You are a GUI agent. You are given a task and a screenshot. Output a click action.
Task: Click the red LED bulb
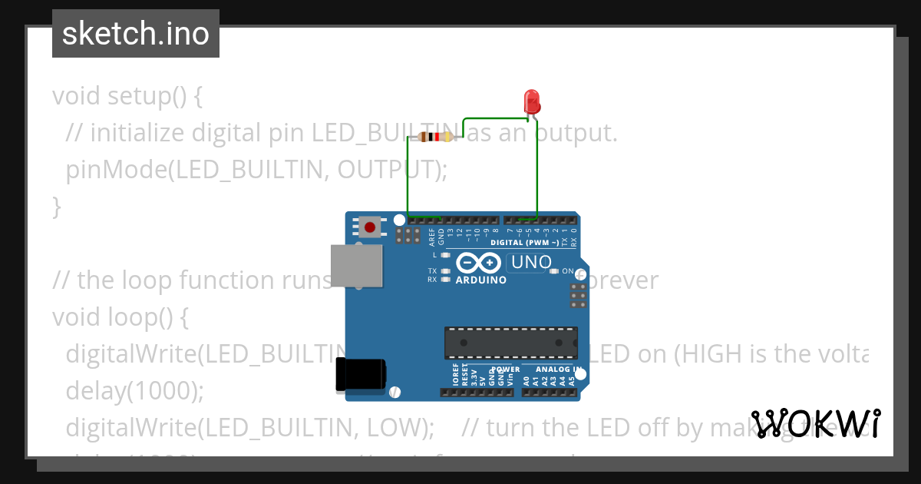(530, 101)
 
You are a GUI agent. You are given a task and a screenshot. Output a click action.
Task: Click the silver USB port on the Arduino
(356, 266)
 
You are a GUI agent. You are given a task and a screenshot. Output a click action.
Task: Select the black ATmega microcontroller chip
(511, 343)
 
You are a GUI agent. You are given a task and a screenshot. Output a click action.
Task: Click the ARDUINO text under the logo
(481, 280)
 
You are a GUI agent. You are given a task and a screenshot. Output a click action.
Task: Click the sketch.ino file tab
(136, 34)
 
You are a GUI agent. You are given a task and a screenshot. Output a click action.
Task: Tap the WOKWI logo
(817, 423)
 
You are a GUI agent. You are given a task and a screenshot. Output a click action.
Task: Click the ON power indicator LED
(554, 271)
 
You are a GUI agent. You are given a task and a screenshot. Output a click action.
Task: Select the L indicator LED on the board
(444, 254)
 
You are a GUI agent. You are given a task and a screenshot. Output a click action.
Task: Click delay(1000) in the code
(135, 390)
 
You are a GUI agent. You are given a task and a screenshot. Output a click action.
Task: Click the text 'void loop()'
(120, 317)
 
